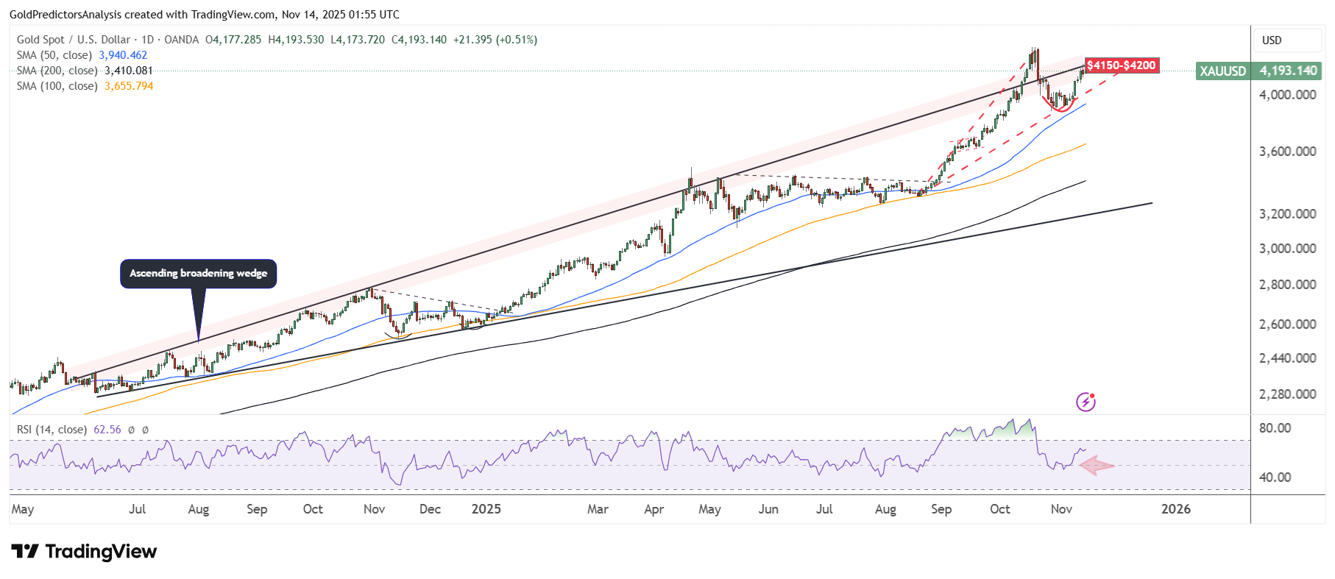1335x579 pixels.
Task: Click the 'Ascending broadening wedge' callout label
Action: click(198, 273)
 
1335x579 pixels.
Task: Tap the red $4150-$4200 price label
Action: click(1122, 65)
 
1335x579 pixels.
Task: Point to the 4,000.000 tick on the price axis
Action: click(1287, 95)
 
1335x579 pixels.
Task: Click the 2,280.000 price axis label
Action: click(1287, 394)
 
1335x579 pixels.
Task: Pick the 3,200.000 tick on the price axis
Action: click(1287, 214)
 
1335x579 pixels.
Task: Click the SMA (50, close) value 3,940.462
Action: click(123, 55)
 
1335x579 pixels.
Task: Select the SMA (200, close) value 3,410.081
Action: click(129, 71)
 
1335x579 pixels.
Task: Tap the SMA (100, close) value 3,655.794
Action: click(129, 86)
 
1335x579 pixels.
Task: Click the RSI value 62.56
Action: click(107, 430)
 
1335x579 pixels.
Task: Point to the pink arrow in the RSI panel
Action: click(1097, 465)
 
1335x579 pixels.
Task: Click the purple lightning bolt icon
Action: click(1086, 402)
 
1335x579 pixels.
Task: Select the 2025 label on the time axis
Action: click(486, 509)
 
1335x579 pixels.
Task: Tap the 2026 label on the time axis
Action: click(1175, 509)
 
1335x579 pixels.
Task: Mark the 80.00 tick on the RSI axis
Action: click(1275, 428)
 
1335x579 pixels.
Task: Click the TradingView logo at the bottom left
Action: click(85, 552)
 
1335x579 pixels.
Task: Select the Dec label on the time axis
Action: click(430, 509)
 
